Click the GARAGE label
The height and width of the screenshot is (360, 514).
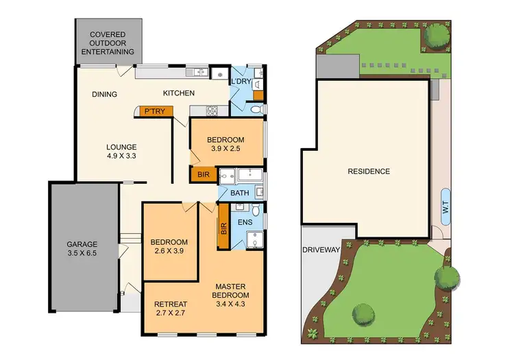tap(82, 248)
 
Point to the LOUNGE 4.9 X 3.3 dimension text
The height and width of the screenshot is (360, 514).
tap(121, 152)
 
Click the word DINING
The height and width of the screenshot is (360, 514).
tap(105, 95)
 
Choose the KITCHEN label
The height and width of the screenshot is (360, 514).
tap(179, 93)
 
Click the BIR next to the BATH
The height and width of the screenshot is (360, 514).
tap(204, 175)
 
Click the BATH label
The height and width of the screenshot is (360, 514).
tap(240, 193)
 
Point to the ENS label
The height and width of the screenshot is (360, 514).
tap(245, 223)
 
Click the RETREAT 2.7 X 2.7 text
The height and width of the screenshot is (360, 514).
tap(171, 309)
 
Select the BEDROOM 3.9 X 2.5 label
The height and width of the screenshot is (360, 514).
tap(225, 144)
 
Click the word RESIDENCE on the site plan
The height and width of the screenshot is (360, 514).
tap(368, 171)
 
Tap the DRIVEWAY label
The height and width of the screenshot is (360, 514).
tap(321, 250)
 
